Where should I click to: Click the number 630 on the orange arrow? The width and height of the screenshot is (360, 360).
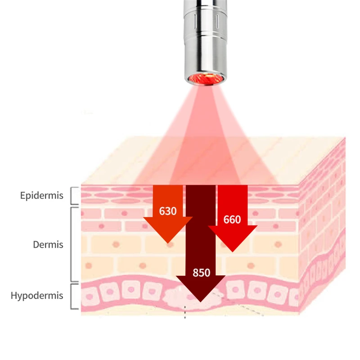(167, 211)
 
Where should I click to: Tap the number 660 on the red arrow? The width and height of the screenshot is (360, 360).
(232, 220)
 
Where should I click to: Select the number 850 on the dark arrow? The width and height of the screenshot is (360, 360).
(201, 272)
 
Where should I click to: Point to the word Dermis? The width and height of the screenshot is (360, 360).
(48, 245)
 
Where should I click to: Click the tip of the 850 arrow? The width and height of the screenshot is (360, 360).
(201, 300)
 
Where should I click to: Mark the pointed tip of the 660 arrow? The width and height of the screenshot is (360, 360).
(232, 250)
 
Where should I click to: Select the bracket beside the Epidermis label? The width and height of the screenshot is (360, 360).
(73, 195)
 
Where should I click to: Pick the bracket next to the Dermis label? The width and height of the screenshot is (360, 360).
(73, 244)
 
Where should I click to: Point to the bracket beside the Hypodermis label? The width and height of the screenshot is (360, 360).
(73, 296)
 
